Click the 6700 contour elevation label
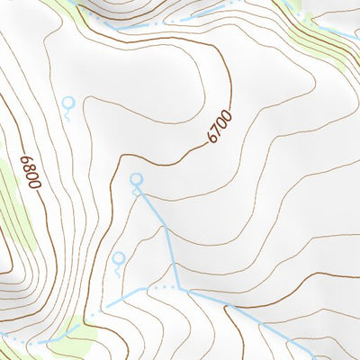[x=219, y=127]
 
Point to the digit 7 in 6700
[x=217, y=130]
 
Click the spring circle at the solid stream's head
[x=137, y=180]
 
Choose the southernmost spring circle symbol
[x=118, y=257]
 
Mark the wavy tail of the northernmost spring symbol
[x=67, y=114]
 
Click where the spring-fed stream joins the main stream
[x=180, y=289]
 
